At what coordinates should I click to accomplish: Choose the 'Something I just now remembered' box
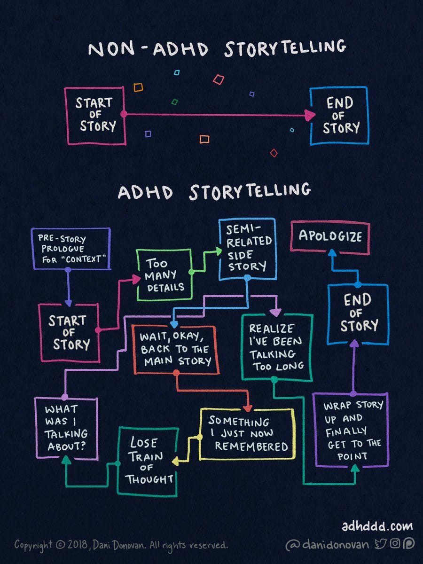247,433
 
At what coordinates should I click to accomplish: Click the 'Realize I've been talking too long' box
277,347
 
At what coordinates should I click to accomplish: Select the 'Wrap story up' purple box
352,430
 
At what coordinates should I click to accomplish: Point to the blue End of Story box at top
339,115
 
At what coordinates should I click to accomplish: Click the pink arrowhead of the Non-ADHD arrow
310,115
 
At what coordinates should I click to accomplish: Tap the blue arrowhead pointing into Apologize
332,253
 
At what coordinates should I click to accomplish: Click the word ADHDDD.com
377,526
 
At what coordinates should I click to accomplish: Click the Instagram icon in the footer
395,544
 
